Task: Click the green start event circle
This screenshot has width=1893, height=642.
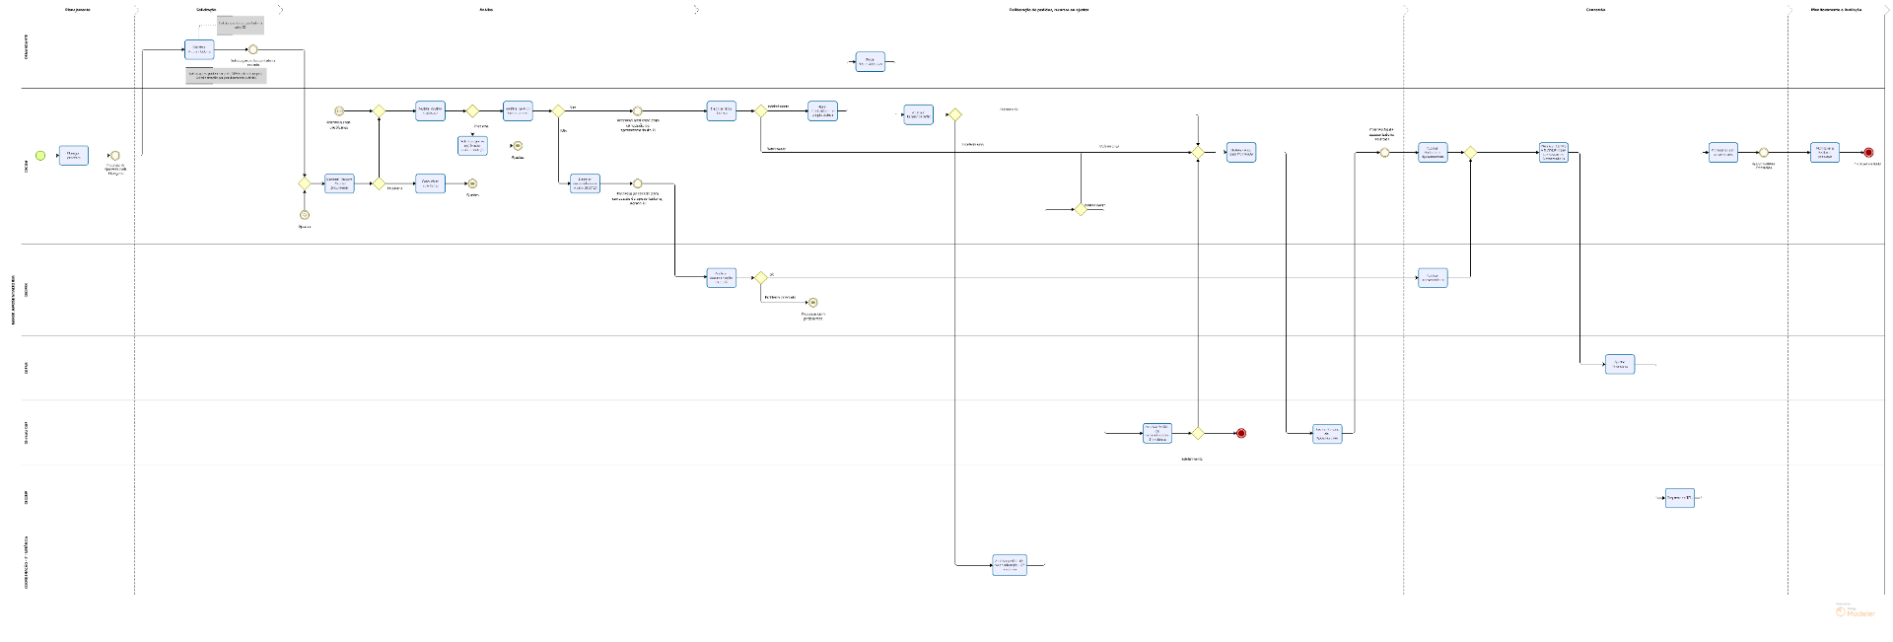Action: [x=40, y=156]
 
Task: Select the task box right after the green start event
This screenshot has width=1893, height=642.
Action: [x=73, y=155]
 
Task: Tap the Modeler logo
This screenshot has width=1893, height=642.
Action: [x=1855, y=611]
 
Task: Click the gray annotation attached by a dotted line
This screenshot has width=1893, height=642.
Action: [x=241, y=25]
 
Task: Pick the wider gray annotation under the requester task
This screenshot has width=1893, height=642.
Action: [x=226, y=75]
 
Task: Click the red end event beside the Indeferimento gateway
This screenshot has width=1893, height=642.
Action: [x=1241, y=433]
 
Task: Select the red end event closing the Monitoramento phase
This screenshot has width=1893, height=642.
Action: [x=1868, y=153]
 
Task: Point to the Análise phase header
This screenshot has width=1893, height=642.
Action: [x=486, y=10]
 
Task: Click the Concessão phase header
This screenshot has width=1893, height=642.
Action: [x=1595, y=10]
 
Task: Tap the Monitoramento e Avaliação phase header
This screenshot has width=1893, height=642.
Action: [x=1836, y=10]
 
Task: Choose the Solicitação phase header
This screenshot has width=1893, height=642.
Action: [x=207, y=10]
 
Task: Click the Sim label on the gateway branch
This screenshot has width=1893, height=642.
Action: [x=573, y=107]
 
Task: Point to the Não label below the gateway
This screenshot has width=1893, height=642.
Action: [x=563, y=130]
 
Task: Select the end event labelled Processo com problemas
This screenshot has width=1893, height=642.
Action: [x=812, y=303]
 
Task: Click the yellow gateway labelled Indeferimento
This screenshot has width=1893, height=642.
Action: [x=1198, y=433]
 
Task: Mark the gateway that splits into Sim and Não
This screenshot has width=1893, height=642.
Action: [x=558, y=111]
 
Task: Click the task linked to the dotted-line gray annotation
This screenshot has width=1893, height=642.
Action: [x=199, y=49]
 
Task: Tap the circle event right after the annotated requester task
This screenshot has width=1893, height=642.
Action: [x=253, y=49]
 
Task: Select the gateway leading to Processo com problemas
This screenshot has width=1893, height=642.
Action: [x=760, y=278]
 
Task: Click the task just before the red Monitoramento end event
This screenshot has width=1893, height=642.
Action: [x=1824, y=153]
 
